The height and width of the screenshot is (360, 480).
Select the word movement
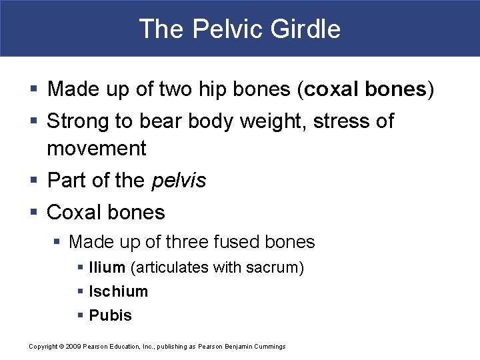click(97, 148)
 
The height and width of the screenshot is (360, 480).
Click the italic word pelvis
click(179, 180)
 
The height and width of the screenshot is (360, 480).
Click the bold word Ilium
click(107, 267)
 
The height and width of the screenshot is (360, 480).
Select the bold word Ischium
click(119, 291)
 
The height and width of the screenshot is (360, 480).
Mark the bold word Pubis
click(111, 315)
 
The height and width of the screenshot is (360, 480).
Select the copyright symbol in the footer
click(60, 346)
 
